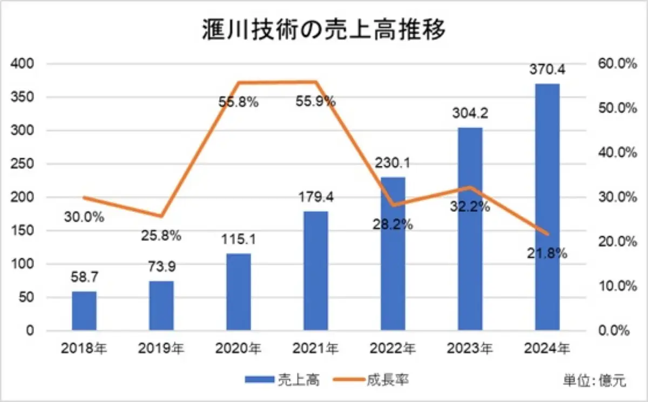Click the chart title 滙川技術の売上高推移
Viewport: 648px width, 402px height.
coord(323,31)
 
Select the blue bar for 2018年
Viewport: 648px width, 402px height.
coord(84,311)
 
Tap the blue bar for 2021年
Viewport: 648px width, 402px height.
coord(315,270)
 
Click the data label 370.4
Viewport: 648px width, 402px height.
coord(547,71)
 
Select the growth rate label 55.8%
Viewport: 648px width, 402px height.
coord(238,102)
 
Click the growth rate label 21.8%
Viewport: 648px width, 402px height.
coord(547,252)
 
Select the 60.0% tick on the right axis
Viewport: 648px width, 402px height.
coord(616,64)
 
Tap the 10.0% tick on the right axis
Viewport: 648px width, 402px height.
coord(616,286)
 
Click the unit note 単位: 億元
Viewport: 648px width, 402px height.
coord(595,380)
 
